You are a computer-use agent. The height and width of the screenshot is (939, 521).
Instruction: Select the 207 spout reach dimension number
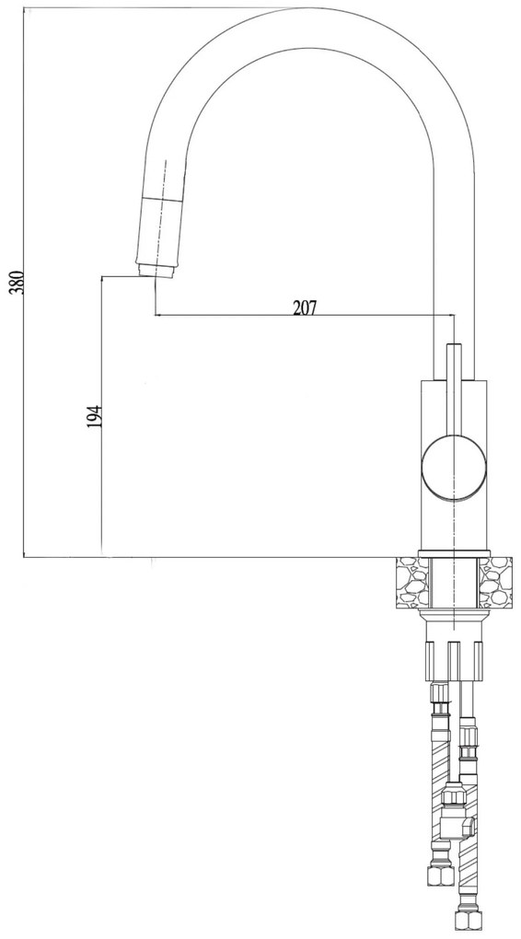click(305, 307)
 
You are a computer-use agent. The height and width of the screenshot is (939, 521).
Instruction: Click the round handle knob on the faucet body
click(453, 467)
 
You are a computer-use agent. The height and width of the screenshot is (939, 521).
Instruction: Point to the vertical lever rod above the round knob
click(454, 389)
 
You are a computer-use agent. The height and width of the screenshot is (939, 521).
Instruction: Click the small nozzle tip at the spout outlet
click(156, 271)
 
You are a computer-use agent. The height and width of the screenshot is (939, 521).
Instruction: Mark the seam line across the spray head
click(160, 198)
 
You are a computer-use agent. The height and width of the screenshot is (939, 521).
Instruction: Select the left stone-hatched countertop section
click(412, 582)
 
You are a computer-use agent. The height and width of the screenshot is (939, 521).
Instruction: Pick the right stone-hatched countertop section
click(495, 582)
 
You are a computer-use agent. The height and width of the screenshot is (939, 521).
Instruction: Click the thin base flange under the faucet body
click(454, 553)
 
